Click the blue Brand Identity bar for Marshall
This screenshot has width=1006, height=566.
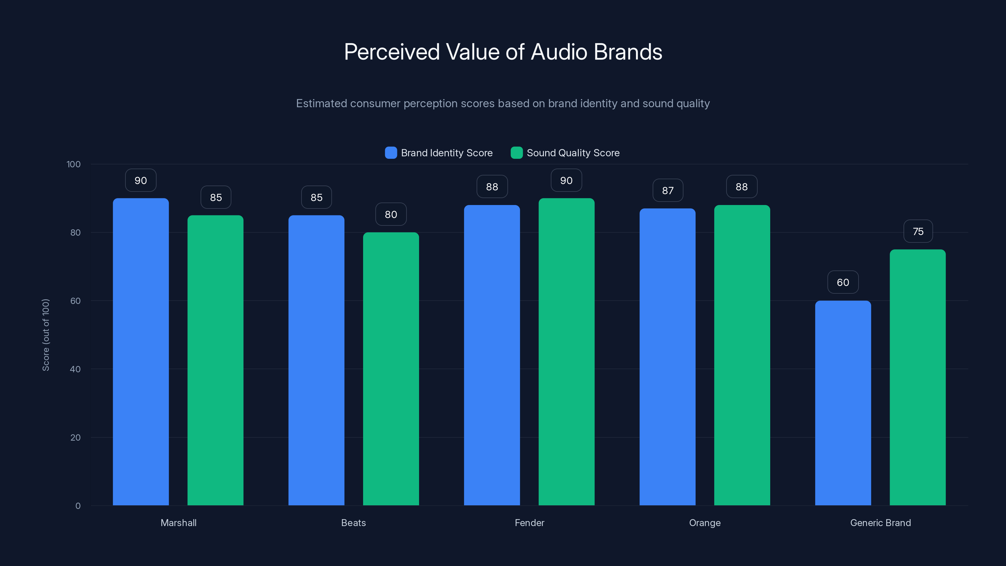click(141, 352)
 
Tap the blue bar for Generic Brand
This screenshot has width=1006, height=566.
click(843, 403)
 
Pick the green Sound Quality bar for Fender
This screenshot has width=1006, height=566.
click(566, 352)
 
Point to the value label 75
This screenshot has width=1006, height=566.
click(918, 231)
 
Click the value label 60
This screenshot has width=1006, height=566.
click(843, 282)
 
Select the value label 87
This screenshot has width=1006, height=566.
click(667, 190)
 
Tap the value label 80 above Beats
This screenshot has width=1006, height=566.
click(391, 214)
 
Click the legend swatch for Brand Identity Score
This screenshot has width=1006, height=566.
click(390, 153)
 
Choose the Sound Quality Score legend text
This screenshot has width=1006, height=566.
click(573, 153)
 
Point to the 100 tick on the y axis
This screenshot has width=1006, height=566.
click(74, 164)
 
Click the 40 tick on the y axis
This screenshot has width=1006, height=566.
click(75, 369)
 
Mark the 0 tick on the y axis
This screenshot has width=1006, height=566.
click(78, 506)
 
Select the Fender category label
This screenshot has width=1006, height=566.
click(529, 523)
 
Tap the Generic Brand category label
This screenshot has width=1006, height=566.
click(880, 523)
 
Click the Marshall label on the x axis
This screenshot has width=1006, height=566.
click(179, 523)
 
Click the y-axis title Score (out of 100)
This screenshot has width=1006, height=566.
click(46, 335)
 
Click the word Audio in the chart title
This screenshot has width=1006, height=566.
click(559, 52)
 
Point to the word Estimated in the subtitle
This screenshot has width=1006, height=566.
click(321, 103)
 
